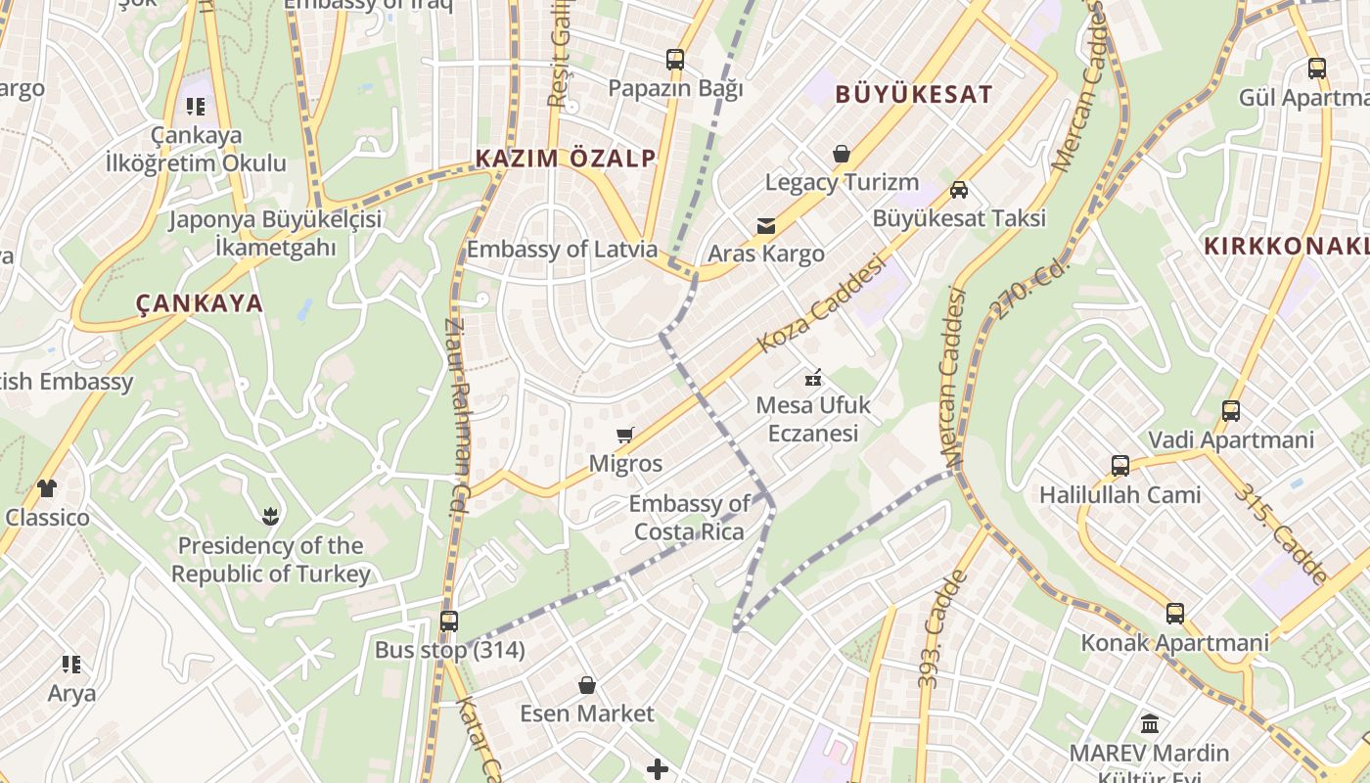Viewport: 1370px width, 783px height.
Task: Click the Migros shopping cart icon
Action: click(x=624, y=435)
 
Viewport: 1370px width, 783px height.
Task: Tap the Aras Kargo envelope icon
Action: click(x=766, y=226)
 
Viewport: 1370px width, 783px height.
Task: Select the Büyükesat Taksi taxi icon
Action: click(x=959, y=190)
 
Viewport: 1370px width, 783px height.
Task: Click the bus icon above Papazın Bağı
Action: click(x=675, y=60)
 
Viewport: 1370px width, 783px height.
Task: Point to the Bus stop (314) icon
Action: click(x=449, y=621)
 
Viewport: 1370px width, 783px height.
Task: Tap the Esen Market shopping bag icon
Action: click(x=587, y=684)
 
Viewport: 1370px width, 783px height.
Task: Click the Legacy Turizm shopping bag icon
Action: click(x=841, y=154)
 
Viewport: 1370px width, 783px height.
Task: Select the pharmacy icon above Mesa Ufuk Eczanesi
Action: click(x=812, y=376)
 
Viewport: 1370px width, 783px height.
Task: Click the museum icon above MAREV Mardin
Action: click(x=1150, y=724)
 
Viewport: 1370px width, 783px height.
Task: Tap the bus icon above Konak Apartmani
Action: click(x=1174, y=614)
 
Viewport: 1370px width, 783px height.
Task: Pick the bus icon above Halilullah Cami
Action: click(x=1119, y=466)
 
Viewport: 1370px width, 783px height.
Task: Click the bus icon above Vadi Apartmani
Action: click(x=1231, y=411)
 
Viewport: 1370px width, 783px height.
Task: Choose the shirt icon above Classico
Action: click(x=47, y=487)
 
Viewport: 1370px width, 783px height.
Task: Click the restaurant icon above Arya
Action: click(x=71, y=665)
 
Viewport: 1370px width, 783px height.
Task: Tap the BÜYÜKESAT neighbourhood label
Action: click(x=914, y=95)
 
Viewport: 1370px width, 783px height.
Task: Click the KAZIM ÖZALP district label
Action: click(x=565, y=159)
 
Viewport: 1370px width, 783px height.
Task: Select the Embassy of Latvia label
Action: click(x=562, y=249)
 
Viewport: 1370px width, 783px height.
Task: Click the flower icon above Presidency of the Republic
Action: click(x=270, y=515)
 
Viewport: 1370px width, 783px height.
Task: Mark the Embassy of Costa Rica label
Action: click(x=690, y=518)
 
